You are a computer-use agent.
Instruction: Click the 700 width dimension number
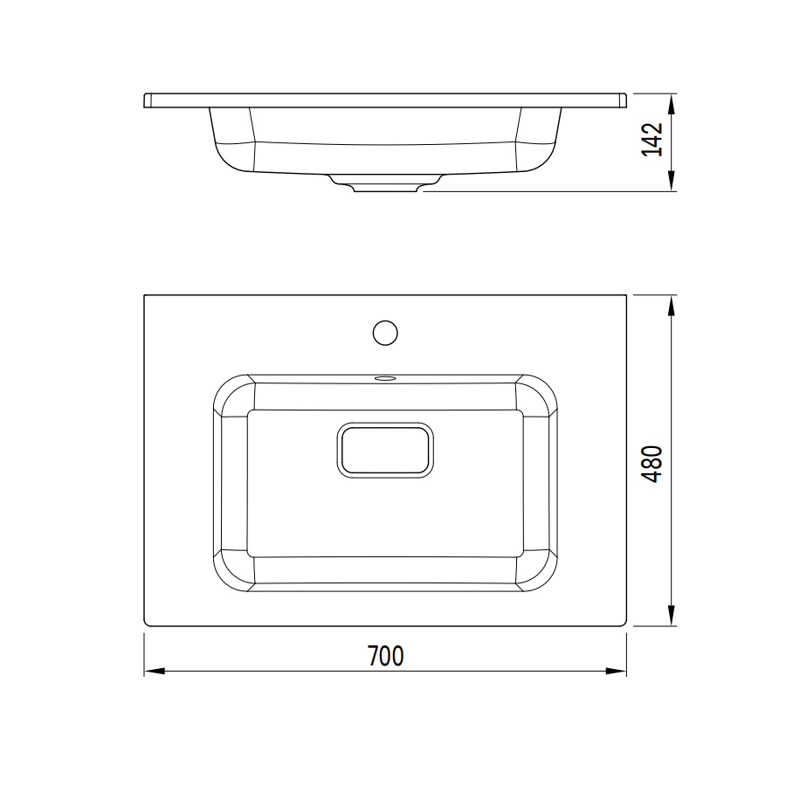coord(385,656)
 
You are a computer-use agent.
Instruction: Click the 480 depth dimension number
coord(652,464)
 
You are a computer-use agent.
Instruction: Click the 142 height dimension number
coord(652,140)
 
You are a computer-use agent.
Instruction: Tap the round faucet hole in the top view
coord(385,333)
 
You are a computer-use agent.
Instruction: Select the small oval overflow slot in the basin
coord(385,377)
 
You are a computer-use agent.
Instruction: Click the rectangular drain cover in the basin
coord(385,450)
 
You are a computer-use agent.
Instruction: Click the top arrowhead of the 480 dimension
coord(672,306)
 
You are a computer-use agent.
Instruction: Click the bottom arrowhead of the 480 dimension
coord(672,616)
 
